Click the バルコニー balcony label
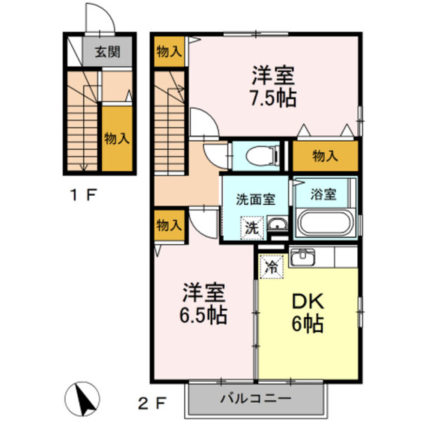[255, 399]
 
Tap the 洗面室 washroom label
[255, 199]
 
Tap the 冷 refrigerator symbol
[270, 265]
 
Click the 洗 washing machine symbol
[251, 227]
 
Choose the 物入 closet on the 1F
[116, 138]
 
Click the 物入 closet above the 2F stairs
[168, 51]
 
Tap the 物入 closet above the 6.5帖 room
[168, 225]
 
